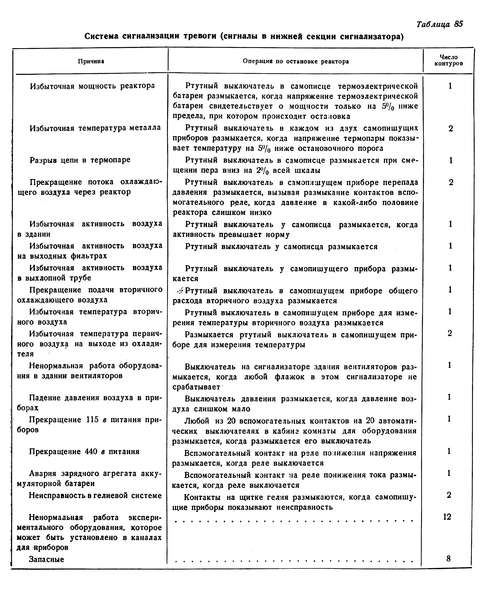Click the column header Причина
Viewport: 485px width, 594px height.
pyautogui.click(x=91, y=61)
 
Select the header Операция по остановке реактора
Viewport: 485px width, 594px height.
pyautogui.click(x=296, y=61)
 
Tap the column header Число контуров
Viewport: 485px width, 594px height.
pyautogui.click(x=449, y=60)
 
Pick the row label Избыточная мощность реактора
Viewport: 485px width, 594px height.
pyautogui.click(x=92, y=86)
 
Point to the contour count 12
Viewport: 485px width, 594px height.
pyautogui.click(x=447, y=517)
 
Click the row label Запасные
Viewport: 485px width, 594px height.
pyautogui.click(x=46, y=559)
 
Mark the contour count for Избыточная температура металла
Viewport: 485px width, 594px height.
pyautogui.click(x=450, y=129)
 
